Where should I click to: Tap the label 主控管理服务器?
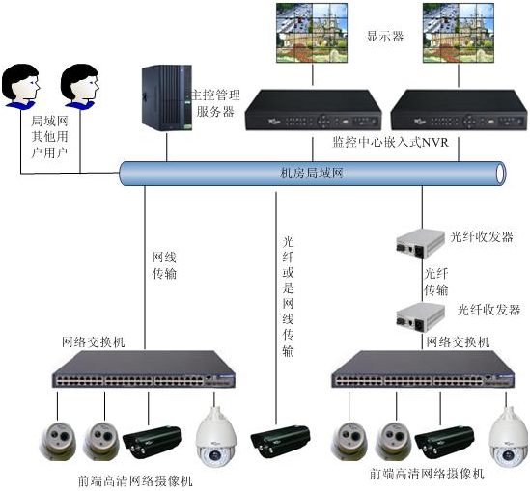pyautogui.click(x=213, y=103)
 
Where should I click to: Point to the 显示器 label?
pyautogui.click(x=384, y=37)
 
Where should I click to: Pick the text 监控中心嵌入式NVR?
pyautogui.click(x=389, y=143)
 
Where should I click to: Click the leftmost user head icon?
pyautogui.click(x=20, y=86)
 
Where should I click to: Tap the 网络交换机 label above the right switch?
pyautogui.click(x=458, y=342)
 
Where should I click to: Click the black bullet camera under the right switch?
pyautogui.click(x=443, y=441)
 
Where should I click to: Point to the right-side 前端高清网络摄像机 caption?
pyautogui.click(x=426, y=476)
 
